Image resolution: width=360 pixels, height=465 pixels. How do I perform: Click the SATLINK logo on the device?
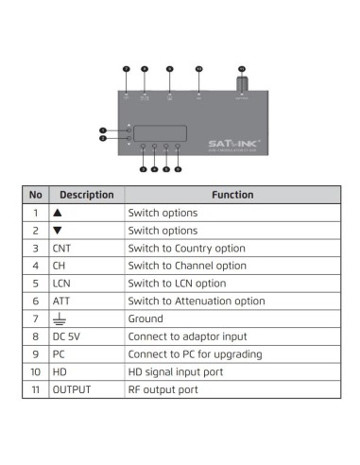click(232, 144)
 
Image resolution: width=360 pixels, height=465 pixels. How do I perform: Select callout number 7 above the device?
click(127, 69)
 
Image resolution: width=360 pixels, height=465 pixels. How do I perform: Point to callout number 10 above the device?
click(198, 69)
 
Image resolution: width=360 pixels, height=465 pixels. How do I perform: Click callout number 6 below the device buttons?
click(178, 168)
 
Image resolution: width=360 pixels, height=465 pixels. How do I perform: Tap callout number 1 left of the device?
click(102, 129)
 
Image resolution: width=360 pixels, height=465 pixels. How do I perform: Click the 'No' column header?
click(35, 195)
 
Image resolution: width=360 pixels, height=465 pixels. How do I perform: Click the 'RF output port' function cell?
click(160, 388)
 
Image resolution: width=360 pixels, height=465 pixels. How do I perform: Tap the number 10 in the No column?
click(35, 370)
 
